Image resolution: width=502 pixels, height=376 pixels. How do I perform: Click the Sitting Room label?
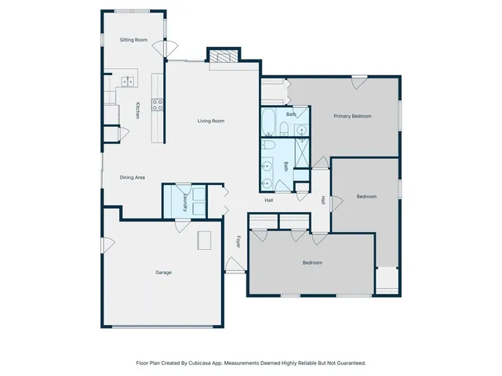133,39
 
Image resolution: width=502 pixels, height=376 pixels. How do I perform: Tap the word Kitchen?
137,110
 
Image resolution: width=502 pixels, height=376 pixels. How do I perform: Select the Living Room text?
211,121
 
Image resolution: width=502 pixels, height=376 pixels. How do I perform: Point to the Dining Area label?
132,178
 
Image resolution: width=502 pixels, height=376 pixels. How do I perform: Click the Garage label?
163,273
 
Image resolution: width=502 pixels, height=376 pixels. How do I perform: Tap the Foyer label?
238,242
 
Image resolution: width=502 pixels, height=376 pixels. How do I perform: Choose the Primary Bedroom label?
351,116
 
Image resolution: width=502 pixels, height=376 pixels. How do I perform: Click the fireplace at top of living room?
222,56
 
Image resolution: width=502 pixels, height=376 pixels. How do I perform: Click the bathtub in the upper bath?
268,123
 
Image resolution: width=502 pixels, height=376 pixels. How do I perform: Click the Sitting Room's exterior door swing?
161,47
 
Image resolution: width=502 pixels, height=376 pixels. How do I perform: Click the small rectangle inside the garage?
206,240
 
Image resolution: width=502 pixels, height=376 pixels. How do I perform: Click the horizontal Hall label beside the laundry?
268,200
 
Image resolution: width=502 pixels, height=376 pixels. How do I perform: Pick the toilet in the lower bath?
268,146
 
